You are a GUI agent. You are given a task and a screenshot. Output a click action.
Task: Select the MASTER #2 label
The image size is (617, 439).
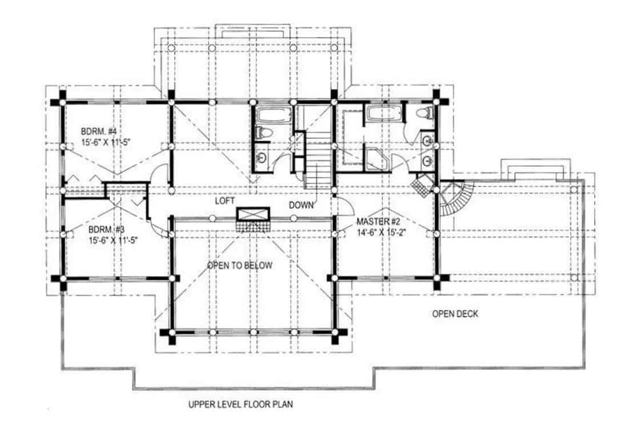click(x=377, y=221)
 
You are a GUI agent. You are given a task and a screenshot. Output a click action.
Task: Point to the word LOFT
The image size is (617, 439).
click(x=225, y=201)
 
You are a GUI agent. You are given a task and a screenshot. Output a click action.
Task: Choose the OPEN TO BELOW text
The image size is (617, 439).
click(x=239, y=265)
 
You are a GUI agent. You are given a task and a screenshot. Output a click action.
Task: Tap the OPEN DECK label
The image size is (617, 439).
click(x=455, y=313)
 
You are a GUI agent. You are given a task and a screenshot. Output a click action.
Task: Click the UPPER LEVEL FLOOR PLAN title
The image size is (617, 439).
click(x=241, y=405)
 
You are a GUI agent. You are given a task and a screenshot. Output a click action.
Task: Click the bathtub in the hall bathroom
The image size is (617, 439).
click(x=267, y=115)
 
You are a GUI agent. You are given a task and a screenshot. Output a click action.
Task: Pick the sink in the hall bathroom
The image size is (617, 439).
click(x=262, y=156)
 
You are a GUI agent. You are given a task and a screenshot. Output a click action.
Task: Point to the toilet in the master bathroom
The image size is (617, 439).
click(x=423, y=113)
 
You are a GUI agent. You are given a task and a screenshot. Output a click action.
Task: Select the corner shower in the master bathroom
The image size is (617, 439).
click(x=376, y=159)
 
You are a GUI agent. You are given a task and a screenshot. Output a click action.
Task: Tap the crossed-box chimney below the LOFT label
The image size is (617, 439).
click(x=253, y=215)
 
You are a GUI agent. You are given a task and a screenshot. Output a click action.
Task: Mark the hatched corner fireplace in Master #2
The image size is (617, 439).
click(x=422, y=185)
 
